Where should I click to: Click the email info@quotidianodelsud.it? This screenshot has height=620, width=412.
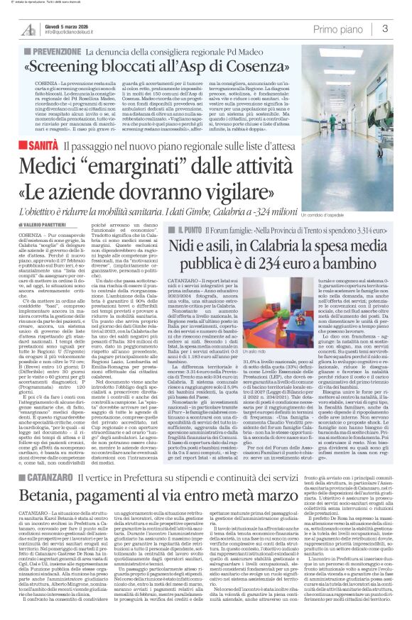click(77, 33)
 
